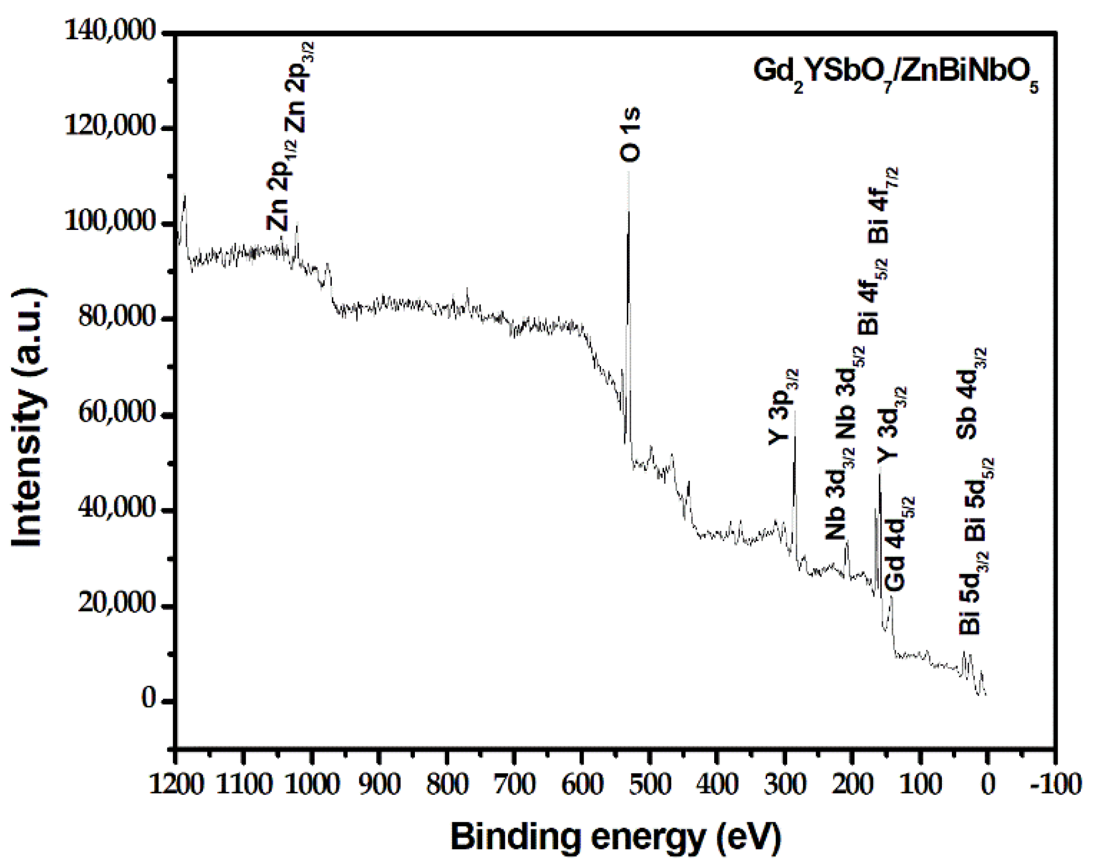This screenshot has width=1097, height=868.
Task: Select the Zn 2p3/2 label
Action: coord(299,89)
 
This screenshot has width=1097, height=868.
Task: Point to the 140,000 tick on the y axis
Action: coord(110,32)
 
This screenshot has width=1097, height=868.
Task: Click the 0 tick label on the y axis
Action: coord(149,701)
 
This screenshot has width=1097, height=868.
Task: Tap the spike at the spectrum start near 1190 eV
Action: coord(185,197)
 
